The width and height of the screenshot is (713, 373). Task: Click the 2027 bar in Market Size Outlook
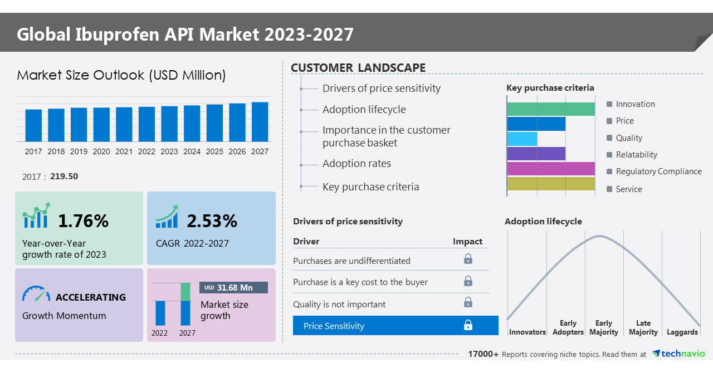pos(260,121)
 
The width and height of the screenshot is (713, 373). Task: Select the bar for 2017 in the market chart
pos(33,125)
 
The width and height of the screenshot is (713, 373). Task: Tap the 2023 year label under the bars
pos(169,151)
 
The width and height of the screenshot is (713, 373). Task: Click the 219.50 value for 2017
pos(64,176)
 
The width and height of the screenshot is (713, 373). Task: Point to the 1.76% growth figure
pos(84,221)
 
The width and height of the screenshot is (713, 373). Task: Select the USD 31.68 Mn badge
pos(233,288)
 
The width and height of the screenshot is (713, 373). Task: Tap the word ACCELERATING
pos(91,297)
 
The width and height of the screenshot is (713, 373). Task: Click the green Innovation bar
pos(551,109)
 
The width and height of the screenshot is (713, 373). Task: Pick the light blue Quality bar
pos(522,139)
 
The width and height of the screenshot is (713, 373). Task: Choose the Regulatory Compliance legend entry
pos(658,171)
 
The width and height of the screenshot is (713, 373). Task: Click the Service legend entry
pos(628,189)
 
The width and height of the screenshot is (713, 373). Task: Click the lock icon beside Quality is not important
pos(468,302)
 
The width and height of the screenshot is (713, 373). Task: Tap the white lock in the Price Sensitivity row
pos(468,325)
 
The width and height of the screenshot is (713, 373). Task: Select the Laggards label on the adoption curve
pos(682,332)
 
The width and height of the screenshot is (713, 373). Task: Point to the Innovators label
pos(527,332)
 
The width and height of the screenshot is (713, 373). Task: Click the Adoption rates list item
pos(356,164)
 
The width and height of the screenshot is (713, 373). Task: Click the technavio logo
pos(679,354)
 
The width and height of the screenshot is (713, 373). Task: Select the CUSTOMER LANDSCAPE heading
pos(358,68)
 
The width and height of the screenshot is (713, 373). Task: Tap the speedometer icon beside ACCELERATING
pos(36,294)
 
